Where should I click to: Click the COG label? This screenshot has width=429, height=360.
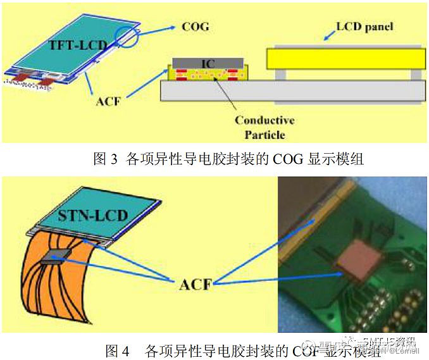pyautogui.click(x=195, y=27)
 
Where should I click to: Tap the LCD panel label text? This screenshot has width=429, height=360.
pyautogui.click(x=364, y=27)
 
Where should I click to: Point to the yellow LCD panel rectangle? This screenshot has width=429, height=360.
pyautogui.click(x=344, y=59)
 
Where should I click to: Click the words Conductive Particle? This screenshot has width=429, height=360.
pyautogui.click(x=264, y=127)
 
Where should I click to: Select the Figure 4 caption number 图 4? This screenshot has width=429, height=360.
pyautogui.click(x=116, y=350)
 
